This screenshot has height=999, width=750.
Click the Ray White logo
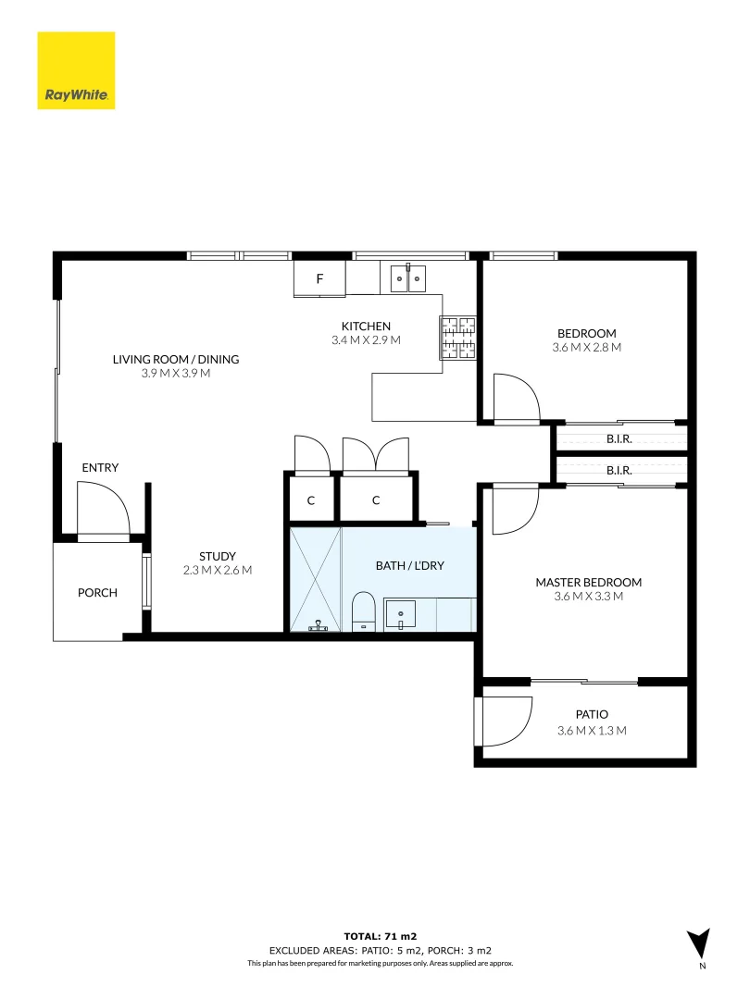(76, 70)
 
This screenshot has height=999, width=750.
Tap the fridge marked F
(319, 278)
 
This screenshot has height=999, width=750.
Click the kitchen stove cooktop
(457, 337)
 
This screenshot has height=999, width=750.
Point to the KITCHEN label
(366, 327)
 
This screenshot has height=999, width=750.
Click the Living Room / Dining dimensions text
(176, 374)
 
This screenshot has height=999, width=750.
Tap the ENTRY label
(100, 468)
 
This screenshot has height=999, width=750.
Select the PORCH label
(97, 592)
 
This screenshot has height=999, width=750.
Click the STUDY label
(218, 556)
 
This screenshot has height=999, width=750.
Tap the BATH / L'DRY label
(410, 565)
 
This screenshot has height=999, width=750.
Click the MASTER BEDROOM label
(588, 582)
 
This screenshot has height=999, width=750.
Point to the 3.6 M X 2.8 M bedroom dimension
(586, 348)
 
